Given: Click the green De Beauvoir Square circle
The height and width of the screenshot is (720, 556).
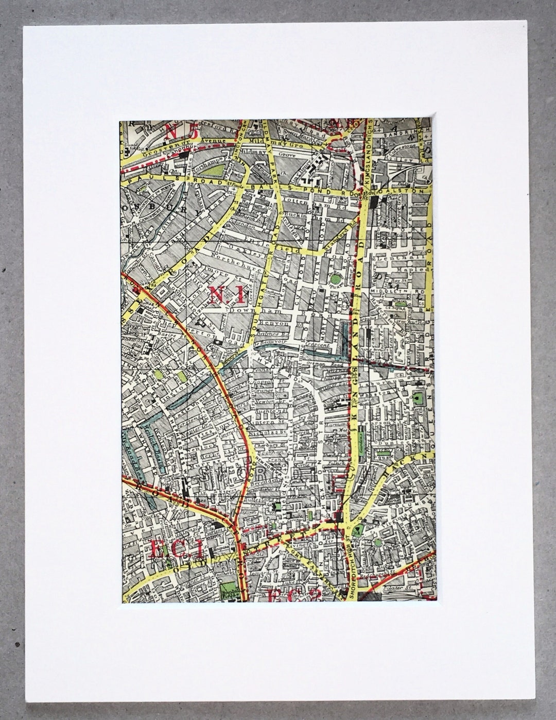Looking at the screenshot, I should (x=336, y=279).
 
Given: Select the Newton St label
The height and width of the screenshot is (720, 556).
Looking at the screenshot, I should (x=270, y=391).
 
